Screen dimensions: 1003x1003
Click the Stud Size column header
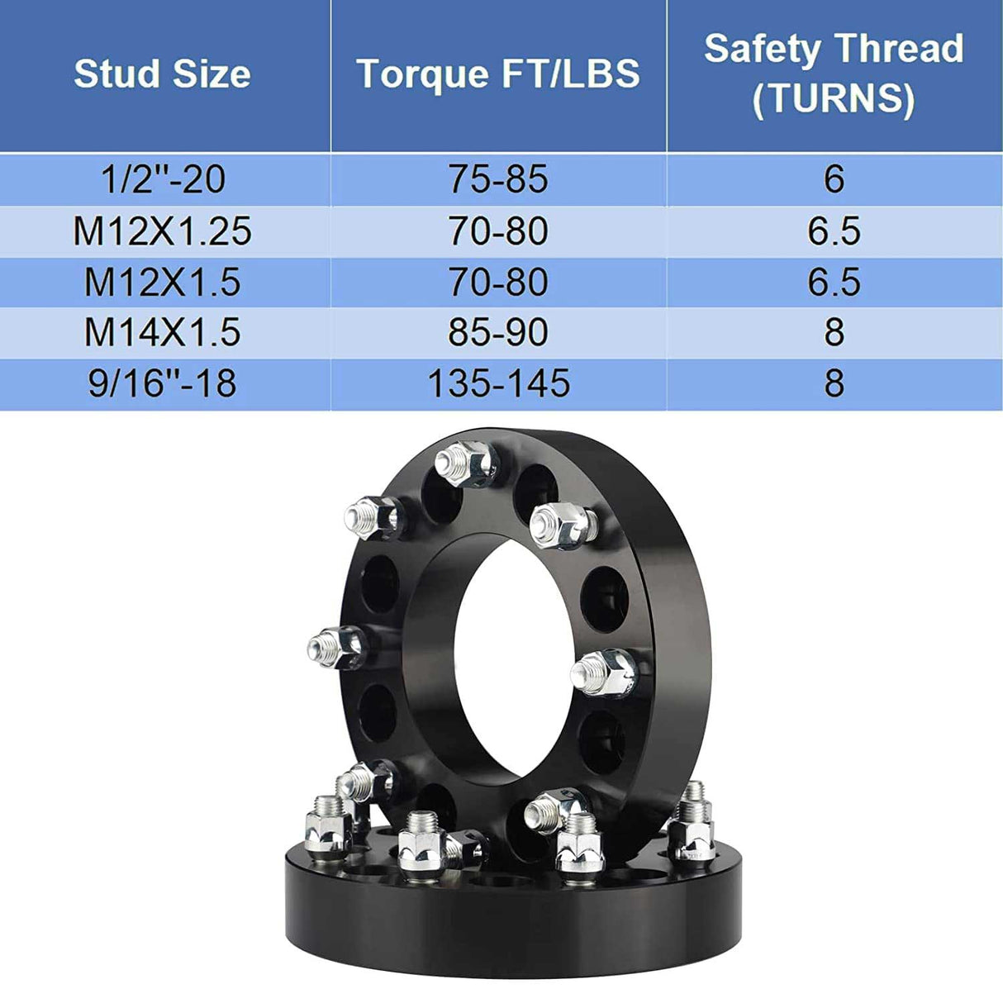162,74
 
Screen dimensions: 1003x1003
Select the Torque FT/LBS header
498,74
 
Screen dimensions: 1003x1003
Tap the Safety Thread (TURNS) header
834,74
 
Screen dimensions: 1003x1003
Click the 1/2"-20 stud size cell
162,179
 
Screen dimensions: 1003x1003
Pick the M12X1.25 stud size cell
162,231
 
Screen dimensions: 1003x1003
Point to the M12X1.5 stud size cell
162,283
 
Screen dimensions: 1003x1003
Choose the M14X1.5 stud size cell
162,333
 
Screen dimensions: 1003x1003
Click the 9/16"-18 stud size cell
162,384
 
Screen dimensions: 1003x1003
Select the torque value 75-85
498,179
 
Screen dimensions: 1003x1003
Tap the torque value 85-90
498,333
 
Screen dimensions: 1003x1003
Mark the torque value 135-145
498,384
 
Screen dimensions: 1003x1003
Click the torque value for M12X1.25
498,231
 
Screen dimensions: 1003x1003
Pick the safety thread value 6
834,179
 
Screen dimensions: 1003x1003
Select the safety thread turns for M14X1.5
834,333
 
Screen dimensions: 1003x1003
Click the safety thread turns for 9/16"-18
834,384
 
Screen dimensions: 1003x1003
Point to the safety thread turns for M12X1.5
834,283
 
